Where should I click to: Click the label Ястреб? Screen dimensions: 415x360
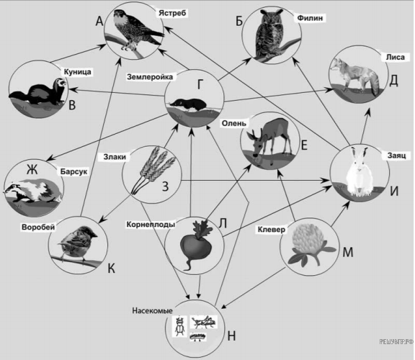pos(173,13)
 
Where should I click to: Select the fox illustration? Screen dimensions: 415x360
pos(355,75)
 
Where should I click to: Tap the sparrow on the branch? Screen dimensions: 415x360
pos(77,242)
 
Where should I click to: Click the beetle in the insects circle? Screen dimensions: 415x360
pos(179,326)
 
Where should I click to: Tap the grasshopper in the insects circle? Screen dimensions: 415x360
pos(204,321)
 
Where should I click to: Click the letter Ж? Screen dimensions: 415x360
pos(32,169)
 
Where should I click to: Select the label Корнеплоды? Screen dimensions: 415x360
pos(151,225)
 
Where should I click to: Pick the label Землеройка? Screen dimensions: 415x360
pos(150,77)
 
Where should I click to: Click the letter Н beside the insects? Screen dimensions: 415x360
pos(231,336)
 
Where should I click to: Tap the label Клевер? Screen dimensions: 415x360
pos(272,230)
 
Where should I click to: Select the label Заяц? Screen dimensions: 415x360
pos(396,156)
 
